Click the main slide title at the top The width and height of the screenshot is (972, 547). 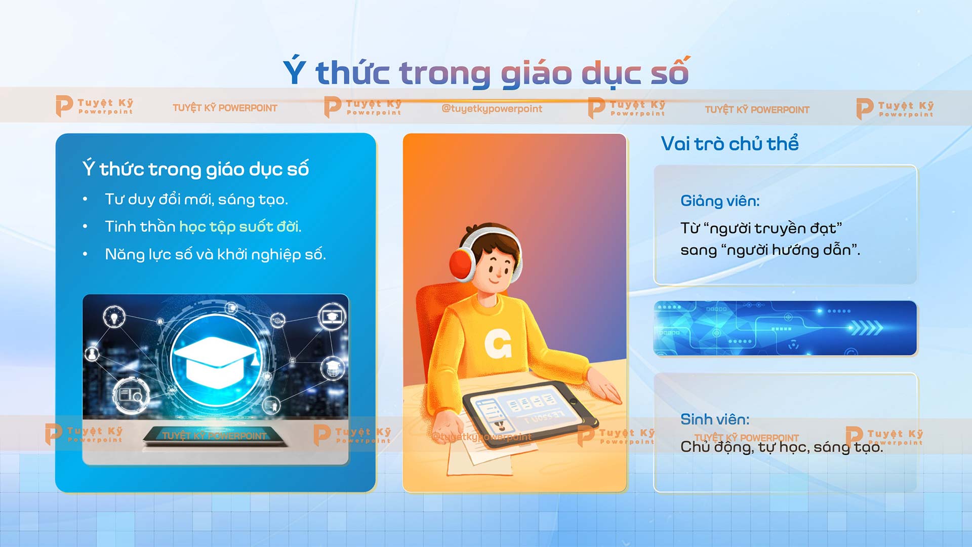click(x=486, y=72)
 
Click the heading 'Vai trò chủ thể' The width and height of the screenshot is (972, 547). click(x=730, y=144)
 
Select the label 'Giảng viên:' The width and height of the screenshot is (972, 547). click(x=720, y=201)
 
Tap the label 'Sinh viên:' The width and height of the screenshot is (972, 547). click(x=715, y=419)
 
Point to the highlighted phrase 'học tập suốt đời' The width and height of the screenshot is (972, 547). click(x=240, y=226)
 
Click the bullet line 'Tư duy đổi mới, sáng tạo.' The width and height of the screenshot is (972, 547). click(x=196, y=200)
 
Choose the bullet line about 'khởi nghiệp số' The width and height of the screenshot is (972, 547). click(x=215, y=254)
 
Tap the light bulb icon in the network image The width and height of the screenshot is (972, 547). click(x=114, y=317)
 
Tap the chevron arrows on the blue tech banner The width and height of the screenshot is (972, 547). click(x=866, y=328)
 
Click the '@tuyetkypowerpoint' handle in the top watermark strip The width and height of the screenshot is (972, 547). click(x=492, y=108)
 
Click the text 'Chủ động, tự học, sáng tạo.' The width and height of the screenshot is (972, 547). click(x=782, y=447)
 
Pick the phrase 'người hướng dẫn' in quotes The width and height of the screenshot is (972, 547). click(x=789, y=250)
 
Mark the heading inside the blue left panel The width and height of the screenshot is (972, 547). click(x=195, y=169)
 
